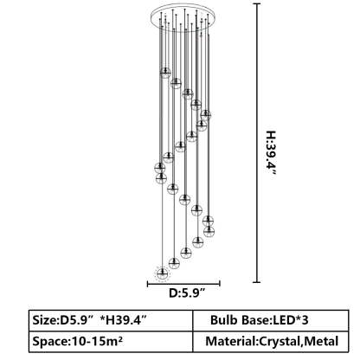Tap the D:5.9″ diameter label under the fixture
pos(187,293)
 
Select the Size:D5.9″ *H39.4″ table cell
pos(111,320)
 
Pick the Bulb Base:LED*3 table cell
pos(271,320)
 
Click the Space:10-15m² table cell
pos(111,342)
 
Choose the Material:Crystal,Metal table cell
pos(271,342)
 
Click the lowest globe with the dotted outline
pos(162,273)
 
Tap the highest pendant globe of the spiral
pos(165,73)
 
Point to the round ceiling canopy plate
pos(183,15)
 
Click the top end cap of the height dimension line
pos(256,4)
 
